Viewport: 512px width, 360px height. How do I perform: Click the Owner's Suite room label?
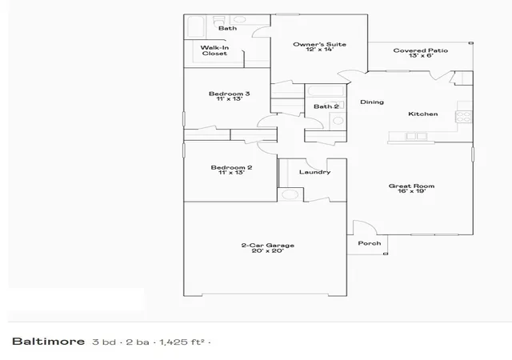coord(319,46)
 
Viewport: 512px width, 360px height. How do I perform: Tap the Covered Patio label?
coord(421,53)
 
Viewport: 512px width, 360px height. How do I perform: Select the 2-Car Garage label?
coord(268,248)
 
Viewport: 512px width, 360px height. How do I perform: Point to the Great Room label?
coord(411,188)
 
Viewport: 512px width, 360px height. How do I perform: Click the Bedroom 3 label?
coord(230,96)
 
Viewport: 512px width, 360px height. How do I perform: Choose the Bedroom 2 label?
coord(231,170)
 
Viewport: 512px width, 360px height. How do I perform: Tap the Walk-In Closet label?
coord(214,50)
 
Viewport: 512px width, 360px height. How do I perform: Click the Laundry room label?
coord(314,172)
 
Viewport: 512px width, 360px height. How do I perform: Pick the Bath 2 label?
coord(326,106)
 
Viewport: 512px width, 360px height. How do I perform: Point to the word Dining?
coord(372,102)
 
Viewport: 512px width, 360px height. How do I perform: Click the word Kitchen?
coord(423,114)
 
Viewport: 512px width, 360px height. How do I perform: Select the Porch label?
coord(370,243)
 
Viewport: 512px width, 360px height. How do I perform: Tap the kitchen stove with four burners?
coord(464,117)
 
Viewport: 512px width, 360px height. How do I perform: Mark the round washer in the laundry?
coord(290,194)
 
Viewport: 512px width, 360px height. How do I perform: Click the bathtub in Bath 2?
coord(326,90)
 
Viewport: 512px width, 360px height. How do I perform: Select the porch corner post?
coord(386,254)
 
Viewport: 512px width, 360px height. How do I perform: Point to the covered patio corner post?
coord(471,43)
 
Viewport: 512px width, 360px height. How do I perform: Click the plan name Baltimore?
coord(48,342)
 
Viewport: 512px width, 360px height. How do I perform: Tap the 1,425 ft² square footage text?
coord(182,342)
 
